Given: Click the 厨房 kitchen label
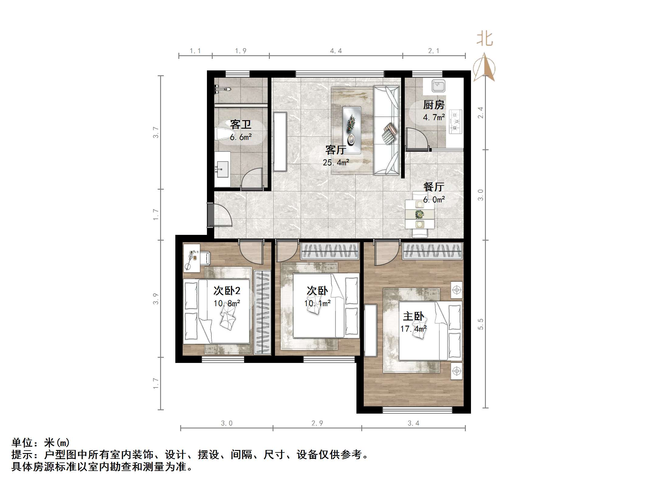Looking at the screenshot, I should point(434,105).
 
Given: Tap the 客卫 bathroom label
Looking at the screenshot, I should point(240,124).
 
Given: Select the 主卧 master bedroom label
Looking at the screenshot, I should point(413,316).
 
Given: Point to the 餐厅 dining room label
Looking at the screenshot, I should point(434,187).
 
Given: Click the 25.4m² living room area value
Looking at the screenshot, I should point(336,163).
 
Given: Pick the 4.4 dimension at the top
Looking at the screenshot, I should point(336,51).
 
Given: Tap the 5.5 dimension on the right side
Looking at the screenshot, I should point(480,324).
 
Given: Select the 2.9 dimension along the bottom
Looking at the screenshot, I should point(317,423).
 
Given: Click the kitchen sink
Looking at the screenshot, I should point(438,86).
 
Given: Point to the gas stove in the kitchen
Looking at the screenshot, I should point(455,122).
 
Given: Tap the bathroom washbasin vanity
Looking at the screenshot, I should point(222,169).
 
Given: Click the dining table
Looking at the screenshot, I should point(419,215).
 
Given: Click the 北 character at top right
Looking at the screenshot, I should point(484,39).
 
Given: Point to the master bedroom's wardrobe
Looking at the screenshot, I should point(433,252).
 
